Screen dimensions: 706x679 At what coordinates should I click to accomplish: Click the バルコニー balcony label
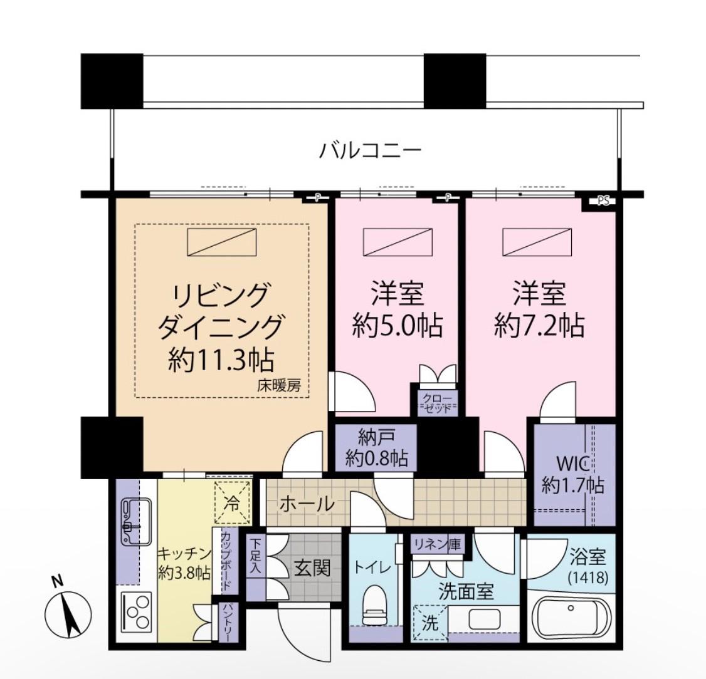370,150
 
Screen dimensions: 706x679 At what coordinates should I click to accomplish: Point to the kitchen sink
135,522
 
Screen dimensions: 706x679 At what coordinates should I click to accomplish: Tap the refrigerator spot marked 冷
233,502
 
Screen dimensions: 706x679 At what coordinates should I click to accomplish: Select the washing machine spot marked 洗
431,623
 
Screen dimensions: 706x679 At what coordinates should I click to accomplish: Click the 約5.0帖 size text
397,324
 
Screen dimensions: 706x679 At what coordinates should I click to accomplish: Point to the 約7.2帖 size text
539,324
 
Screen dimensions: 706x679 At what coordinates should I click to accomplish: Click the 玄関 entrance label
312,568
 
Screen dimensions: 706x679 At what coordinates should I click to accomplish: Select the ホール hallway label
307,504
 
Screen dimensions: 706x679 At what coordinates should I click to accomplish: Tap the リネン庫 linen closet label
438,544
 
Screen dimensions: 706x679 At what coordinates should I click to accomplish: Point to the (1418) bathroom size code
589,576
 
